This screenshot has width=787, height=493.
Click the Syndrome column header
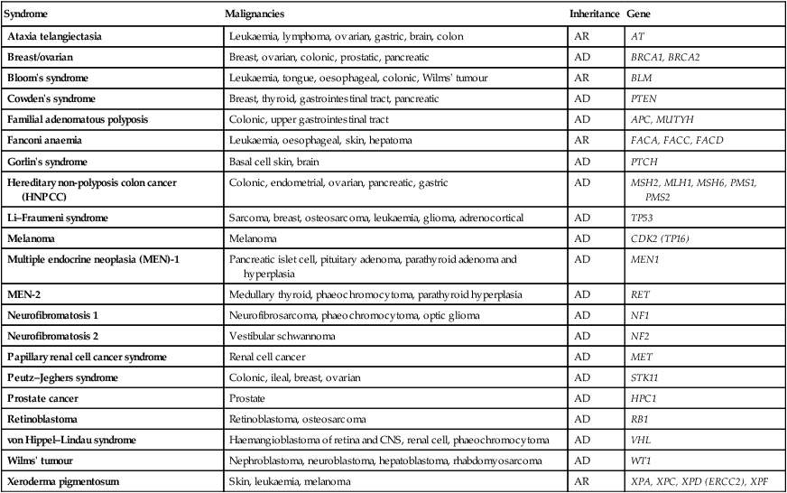coord(28,15)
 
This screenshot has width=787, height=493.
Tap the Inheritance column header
coord(594,15)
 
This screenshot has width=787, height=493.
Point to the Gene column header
coord(639,15)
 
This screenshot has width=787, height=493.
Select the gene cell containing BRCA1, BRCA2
coord(668,58)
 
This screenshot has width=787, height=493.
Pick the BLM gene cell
coord(642,78)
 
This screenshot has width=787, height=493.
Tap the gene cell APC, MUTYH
coord(662,119)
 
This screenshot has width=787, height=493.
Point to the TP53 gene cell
coord(643,219)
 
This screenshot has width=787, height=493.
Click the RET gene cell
coord(640,294)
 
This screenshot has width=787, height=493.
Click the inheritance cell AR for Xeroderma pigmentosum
coord(581,481)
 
